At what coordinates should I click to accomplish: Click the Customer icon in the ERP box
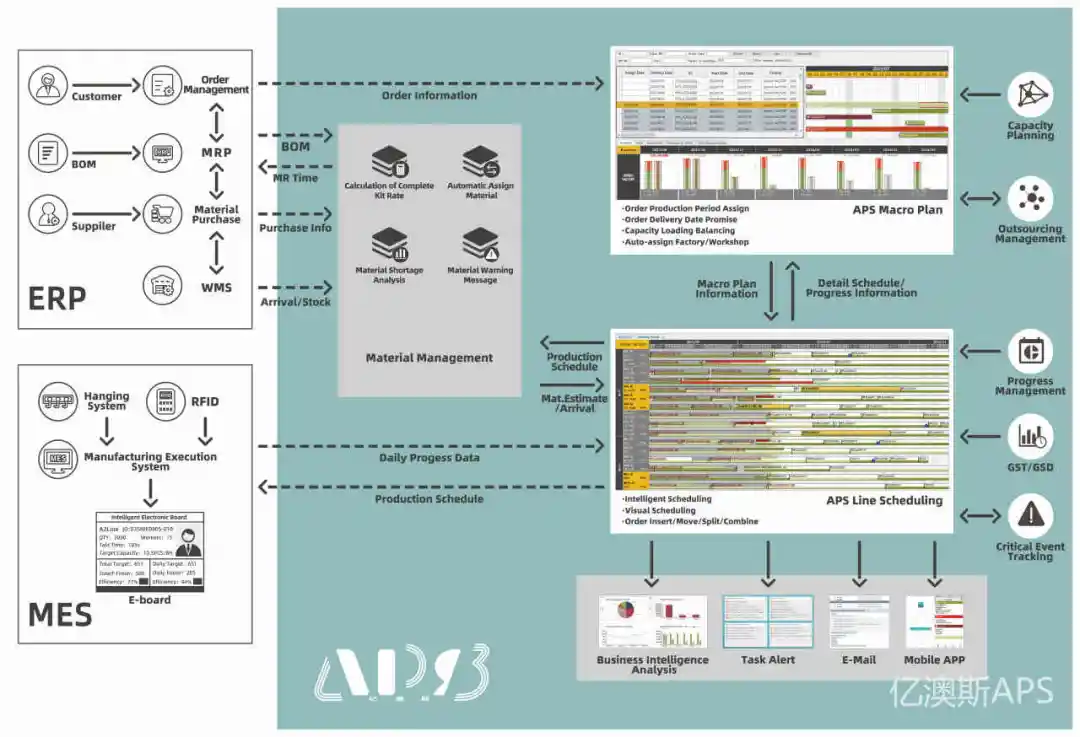pyautogui.click(x=46, y=84)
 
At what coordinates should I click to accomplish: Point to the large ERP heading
pyautogui.click(x=58, y=297)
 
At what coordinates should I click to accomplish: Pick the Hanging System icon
pyautogui.click(x=56, y=402)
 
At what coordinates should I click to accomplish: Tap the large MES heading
pyautogui.click(x=60, y=613)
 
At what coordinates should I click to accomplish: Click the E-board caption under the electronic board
pyautogui.click(x=150, y=600)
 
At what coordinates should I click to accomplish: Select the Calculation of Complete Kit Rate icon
pyautogui.click(x=388, y=162)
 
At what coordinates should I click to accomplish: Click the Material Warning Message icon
pyautogui.click(x=480, y=244)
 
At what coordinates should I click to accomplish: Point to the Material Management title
pyautogui.click(x=429, y=358)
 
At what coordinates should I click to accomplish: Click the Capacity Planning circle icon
pyautogui.click(x=1029, y=95)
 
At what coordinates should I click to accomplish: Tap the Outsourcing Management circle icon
pyautogui.click(x=1029, y=200)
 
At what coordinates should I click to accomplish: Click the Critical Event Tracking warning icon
pyautogui.click(x=1030, y=516)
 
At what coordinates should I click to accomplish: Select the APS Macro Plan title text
pyautogui.click(x=897, y=210)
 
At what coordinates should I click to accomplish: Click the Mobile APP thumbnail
pyautogui.click(x=934, y=621)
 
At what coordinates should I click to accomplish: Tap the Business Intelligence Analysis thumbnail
pyautogui.click(x=652, y=621)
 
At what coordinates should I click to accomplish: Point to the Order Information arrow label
pyautogui.click(x=429, y=96)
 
